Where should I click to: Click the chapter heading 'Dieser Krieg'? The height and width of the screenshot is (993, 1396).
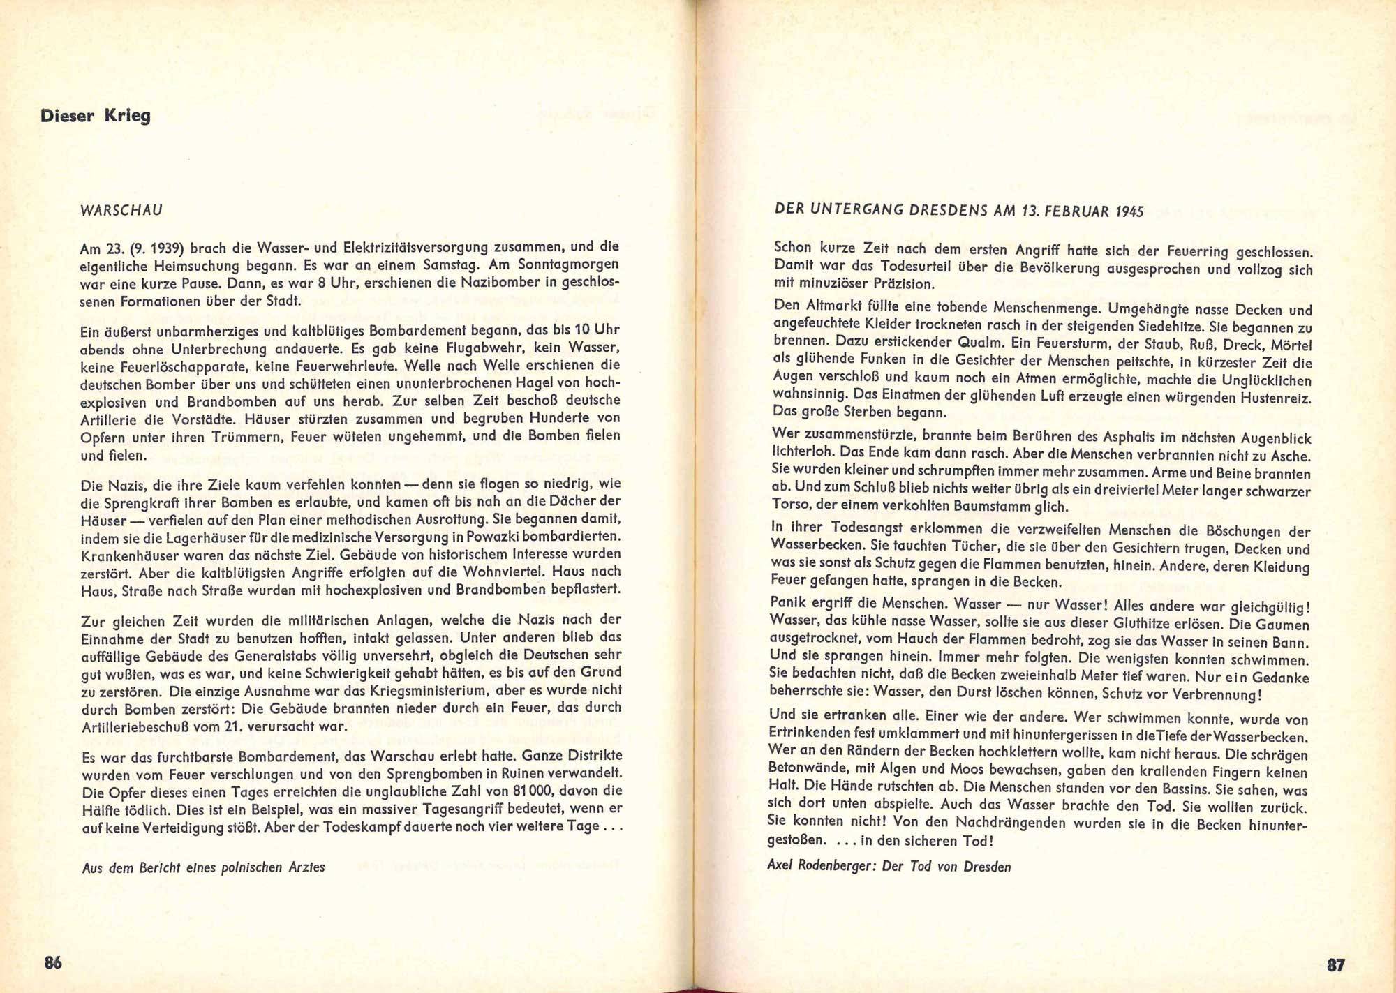pyautogui.click(x=96, y=115)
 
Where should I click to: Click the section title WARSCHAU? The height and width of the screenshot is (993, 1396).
pyautogui.click(x=121, y=209)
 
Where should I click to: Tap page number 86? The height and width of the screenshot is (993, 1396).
pyautogui.click(x=53, y=963)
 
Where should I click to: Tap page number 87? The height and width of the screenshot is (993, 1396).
pyautogui.click(x=1335, y=965)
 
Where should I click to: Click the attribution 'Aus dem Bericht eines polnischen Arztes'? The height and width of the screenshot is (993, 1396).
pyautogui.click(x=203, y=867)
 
